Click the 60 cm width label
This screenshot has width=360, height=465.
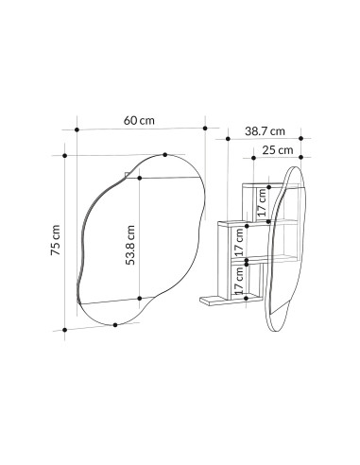point(139,121)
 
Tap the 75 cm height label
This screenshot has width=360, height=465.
point(56,240)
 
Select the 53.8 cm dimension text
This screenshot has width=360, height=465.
point(130,245)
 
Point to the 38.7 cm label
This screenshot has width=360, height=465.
point(265,131)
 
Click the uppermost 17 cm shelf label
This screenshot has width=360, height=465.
point(262,202)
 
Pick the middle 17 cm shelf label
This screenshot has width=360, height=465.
point(239,242)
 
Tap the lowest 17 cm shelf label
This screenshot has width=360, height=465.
point(239,280)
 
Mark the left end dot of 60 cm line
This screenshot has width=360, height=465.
point(77,129)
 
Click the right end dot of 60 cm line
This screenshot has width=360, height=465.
point(205,129)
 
